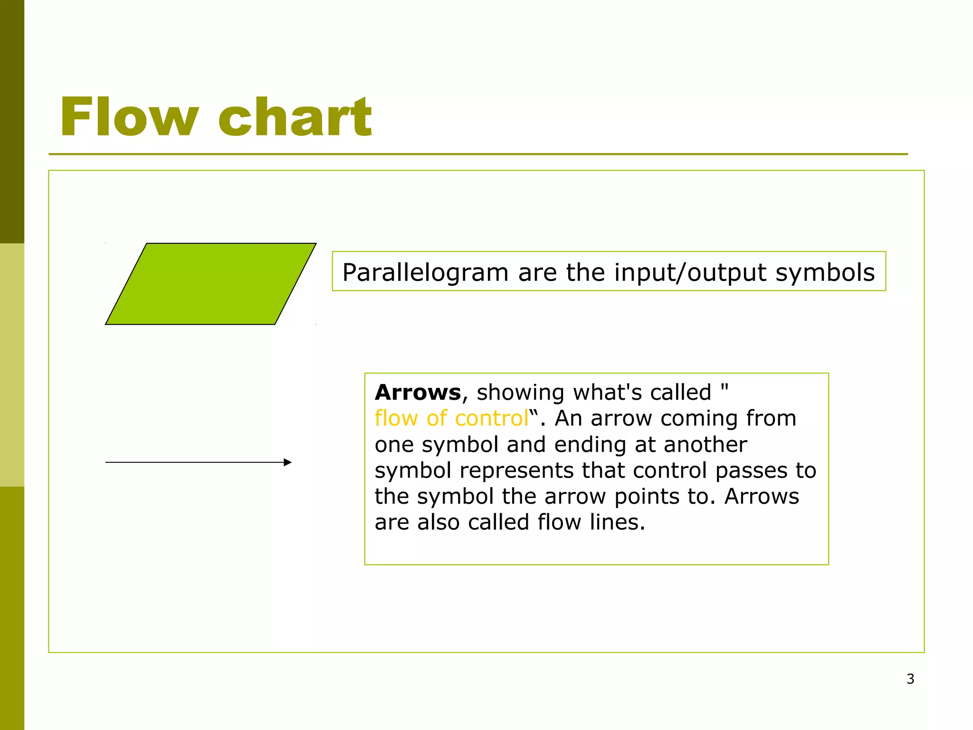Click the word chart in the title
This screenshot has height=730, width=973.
click(x=295, y=117)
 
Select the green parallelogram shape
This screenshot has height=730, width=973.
click(x=210, y=284)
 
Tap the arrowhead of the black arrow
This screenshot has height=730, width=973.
click(x=287, y=462)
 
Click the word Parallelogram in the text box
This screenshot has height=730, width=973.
click(x=425, y=273)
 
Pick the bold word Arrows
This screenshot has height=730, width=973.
click(x=418, y=393)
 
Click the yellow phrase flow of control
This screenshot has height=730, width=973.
click(x=451, y=419)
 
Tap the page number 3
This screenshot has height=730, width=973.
click(x=910, y=679)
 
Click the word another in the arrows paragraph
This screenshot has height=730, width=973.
click(x=705, y=445)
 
